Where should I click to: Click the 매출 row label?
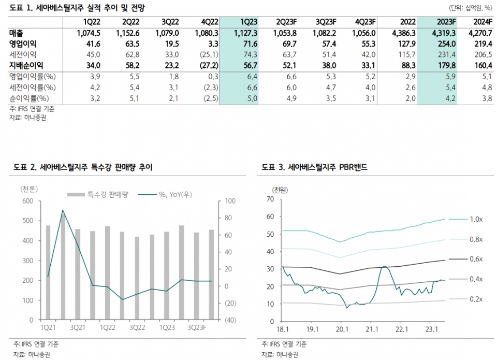pos(17,33)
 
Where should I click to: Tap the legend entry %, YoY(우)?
pos(176,194)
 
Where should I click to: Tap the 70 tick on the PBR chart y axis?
pos(270,199)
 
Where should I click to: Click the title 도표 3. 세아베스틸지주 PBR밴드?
pos(315,167)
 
